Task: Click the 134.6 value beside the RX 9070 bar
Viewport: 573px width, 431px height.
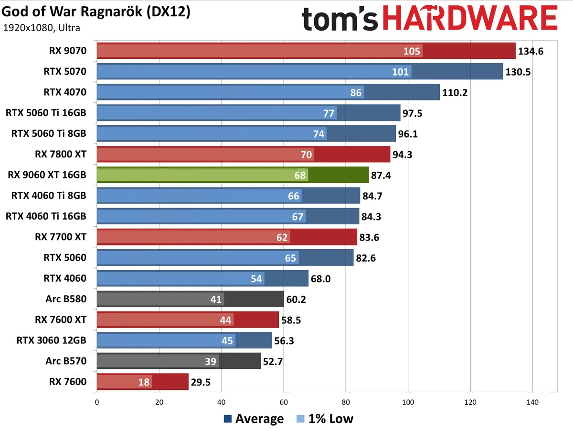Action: pos(531,51)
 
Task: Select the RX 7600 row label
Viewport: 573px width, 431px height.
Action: pos(67,381)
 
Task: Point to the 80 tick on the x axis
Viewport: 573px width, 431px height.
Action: pos(346,402)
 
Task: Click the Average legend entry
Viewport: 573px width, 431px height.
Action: pos(254,419)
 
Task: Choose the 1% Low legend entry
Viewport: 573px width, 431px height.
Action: pos(325,419)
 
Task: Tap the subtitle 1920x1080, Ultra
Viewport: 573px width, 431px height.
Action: pos(42,27)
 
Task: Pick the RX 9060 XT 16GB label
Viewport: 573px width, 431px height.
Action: pos(47,175)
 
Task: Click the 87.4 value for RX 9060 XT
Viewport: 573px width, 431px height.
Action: pos(382,175)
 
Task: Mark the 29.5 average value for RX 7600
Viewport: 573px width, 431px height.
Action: pos(201,382)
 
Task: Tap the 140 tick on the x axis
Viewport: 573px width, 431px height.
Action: pos(532,402)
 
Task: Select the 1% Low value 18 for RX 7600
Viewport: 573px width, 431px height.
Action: pos(144,382)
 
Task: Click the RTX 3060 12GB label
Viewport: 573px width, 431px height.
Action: pos(52,340)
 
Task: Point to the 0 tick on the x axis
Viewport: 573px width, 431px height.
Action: pos(97,402)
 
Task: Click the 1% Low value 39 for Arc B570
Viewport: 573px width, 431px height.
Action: pos(211,361)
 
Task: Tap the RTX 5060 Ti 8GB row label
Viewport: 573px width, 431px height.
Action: pos(49,133)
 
